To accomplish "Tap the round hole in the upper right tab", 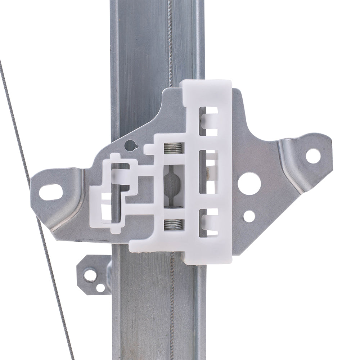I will click(x=312, y=156).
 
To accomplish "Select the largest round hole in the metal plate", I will click(x=249, y=184).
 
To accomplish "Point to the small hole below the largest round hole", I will click(x=249, y=216).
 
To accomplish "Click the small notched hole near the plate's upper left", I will click(x=130, y=145).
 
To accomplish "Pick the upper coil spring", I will click(x=174, y=148).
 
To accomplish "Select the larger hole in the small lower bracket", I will click(x=90, y=275).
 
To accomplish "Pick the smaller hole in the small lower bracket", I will click(x=100, y=288).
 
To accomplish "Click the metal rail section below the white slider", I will click(x=158, y=306).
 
